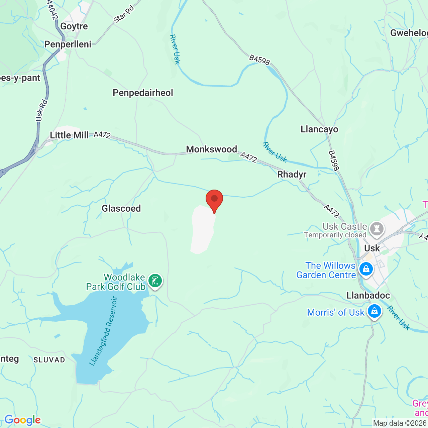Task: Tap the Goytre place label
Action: pos(74,26)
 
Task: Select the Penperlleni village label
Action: pos(68,44)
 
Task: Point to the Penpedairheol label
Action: pos(143,93)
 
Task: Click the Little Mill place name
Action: pos(69,135)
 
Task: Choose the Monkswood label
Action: pos(211,149)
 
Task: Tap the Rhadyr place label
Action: pos(292,174)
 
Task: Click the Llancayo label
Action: pos(319,129)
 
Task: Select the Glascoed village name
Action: pos(121,208)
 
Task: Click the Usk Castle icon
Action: pos(377,229)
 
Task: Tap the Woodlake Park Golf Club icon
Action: pos(155,281)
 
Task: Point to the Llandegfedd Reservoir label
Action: pos(104,331)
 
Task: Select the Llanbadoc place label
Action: pos(368,295)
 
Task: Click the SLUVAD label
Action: pos(49,360)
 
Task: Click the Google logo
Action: pos(22,420)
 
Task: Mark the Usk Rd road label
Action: pos(41,110)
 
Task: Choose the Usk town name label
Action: pos(372,248)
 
